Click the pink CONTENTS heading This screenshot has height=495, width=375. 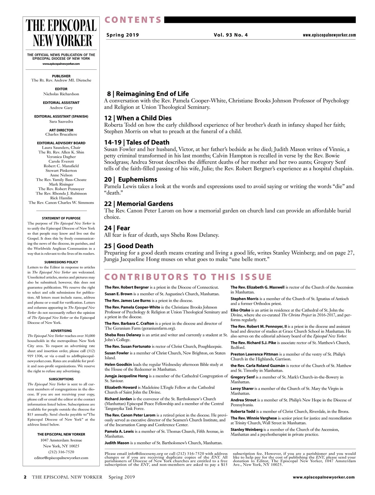[x=133, y=20]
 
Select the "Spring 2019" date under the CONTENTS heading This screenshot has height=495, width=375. [x=122, y=35]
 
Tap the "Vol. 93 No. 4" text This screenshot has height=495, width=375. [x=231, y=35]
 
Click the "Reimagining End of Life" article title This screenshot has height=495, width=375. [x=152, y=94]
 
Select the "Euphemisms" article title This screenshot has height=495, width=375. [x=137, y=180]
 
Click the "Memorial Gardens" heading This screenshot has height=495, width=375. [x=145, y=204]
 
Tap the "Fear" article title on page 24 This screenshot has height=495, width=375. [x=123, y=228]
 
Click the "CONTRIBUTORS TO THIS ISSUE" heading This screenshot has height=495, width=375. [x=188, y=277]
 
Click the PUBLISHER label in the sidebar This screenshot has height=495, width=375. [x=61, y=76]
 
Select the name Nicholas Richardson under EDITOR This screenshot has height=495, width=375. [x=61, y=94]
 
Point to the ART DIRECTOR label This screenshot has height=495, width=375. [x=61, y=130]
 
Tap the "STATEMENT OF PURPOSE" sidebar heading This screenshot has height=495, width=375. [x=61, y=218]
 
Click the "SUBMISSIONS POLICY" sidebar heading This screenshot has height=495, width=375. [x=61, y=262]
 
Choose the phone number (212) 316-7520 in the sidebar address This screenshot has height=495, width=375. [x=61, y=452]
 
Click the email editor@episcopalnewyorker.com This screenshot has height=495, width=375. [x=61, y=458]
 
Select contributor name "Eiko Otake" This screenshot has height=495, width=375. [x=240, y=310]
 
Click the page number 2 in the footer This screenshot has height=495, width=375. [x=25, y=477]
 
